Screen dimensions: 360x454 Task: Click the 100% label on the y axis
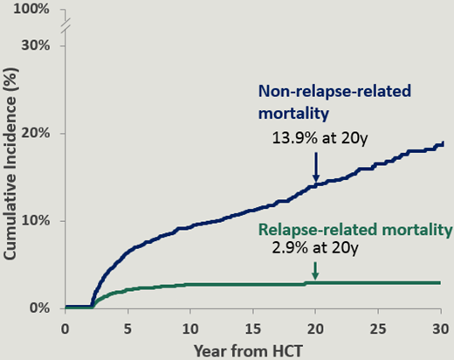click(31, 10)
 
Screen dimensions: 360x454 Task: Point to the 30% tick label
click(35, 45)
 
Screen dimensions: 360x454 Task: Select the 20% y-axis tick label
click(35, 133)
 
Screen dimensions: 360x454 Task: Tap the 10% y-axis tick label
click(35, 220)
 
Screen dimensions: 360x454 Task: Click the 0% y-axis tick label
click(39, 308)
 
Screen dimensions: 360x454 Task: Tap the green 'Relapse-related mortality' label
click(353, 230)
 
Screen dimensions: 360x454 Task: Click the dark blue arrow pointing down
click(315, 167)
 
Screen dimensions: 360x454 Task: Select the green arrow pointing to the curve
click(315, 273)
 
